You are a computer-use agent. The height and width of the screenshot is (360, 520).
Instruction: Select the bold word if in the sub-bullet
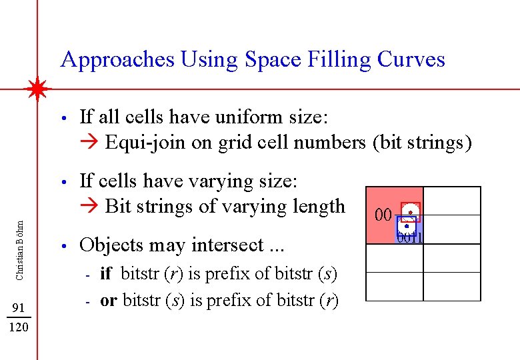pos(107,273)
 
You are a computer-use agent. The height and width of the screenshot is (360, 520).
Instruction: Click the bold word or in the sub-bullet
pos(109,301)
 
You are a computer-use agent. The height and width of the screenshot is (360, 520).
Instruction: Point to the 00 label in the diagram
pos(383,215)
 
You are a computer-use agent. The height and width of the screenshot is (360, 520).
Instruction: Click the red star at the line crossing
pos(38,89)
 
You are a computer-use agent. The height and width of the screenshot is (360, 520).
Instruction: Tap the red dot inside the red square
pos(411,212)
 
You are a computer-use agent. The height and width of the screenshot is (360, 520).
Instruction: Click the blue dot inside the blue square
pos(406,227)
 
